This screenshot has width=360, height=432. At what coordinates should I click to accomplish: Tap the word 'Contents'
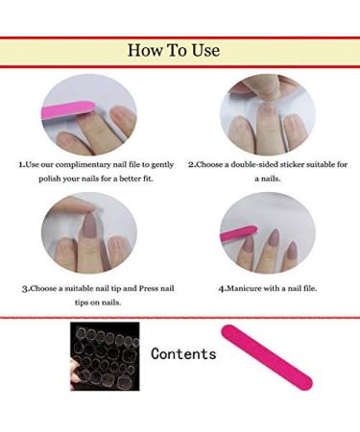click(x=183, y=353)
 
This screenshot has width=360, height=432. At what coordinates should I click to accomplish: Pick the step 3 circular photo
click(x=88, y=232)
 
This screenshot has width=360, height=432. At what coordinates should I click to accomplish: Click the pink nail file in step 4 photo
click(x=237, y=234)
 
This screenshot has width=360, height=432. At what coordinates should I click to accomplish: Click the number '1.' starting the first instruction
click(x=22, y=164)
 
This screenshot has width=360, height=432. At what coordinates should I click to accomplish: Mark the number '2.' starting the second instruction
click(x=191, y=164)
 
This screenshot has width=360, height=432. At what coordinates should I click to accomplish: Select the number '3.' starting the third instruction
click(x=25, y=287)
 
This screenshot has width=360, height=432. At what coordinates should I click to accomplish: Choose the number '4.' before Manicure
click(x=222, y=287)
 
